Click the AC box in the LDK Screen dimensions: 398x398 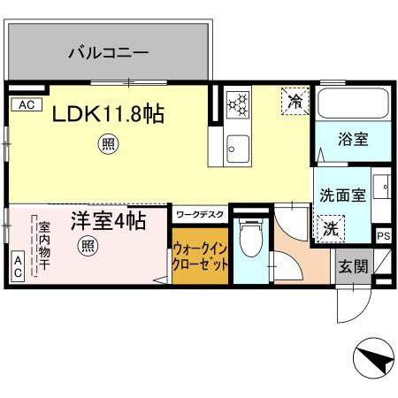point(26,104)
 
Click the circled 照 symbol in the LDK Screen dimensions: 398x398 point(107,143)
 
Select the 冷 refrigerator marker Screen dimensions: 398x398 point(295,101)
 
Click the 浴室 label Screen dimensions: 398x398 point(352,139)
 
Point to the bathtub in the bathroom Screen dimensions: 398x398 point(353,105)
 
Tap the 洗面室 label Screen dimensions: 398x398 point(341,196)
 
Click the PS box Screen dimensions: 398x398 point(383,236)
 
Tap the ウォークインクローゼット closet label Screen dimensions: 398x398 point(202,257)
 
